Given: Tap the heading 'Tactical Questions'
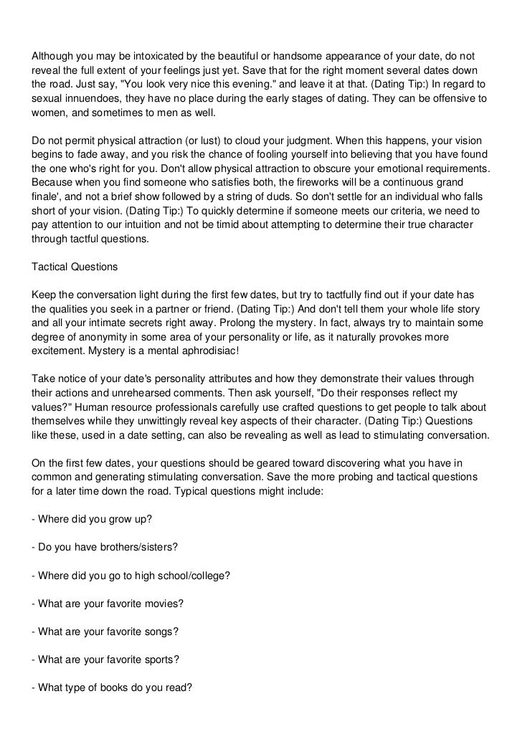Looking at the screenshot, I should [x=75, y=266].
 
